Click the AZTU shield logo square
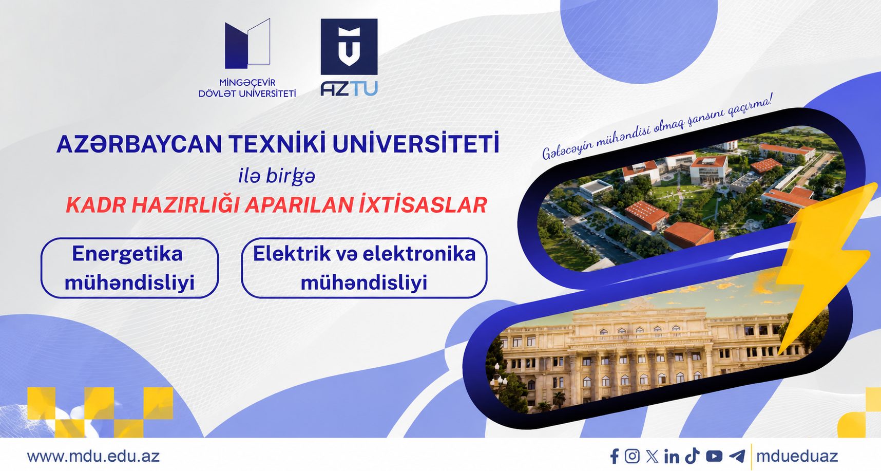coord(349,47)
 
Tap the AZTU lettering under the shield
coord(349,89)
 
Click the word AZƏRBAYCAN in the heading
coord(139,144)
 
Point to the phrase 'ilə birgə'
coord(277,176)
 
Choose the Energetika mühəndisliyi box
coord(129,268)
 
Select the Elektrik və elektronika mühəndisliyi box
coord(364,268)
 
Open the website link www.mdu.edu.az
coord(93,456)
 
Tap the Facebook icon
coord(615,456)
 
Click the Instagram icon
coord(632,456)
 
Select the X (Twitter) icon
coord(652,456)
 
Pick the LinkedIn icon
coord(672,456)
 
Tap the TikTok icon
coord(692,456)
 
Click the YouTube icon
coord(714,456)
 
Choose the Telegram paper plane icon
coord(737,456)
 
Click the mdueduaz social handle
coord(797,456)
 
